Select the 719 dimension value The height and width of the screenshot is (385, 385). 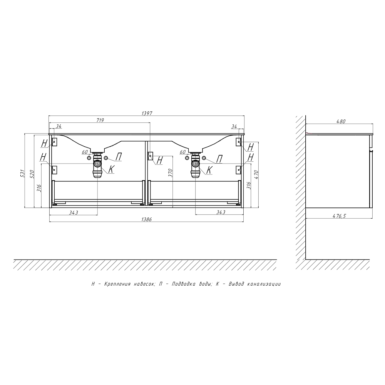coord(100,120)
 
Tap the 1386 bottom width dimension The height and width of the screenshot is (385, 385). coord(147,219)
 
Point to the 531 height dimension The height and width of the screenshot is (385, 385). coord(22,173)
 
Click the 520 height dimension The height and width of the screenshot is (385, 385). coord(32,173)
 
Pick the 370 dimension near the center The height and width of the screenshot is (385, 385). coord(171,173)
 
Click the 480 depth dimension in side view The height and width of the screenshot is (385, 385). coord(341,121)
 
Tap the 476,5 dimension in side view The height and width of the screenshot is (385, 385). coord(339,216)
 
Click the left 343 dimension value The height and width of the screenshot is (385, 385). coord(74,213)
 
